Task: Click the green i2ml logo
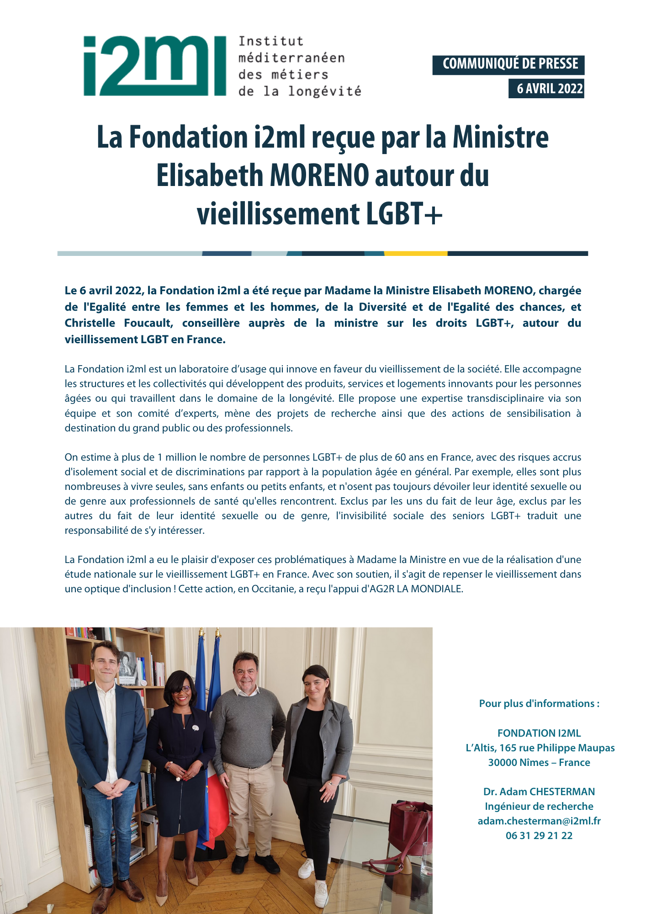[x=154, y=66]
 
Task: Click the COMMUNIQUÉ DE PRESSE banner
[x=508, y=64]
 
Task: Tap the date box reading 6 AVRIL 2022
[x=547, y=89]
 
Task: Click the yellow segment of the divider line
[x=415, y=253]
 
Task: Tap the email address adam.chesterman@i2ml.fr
[x=539, y=821]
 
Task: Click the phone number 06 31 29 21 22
[x=539, y=835]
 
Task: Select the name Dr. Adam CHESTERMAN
[x=539, y=792]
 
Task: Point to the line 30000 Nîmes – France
[x=539, y=762]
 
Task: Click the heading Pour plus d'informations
[x=539, y=703]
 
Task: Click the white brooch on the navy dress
[x=195, y=728]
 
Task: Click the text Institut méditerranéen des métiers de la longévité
[x=299, y=66]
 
